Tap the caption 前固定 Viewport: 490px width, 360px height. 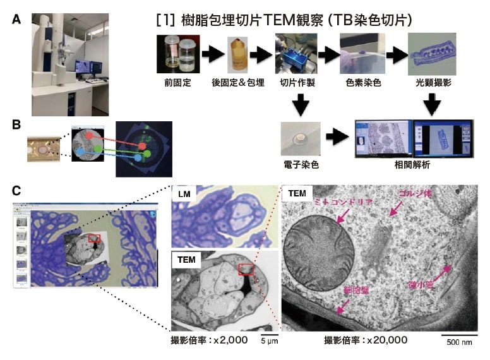[x=174, y=81]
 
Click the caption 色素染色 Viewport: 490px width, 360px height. [x=362, y=81]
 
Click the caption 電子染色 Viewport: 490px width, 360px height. [x=301, y=163]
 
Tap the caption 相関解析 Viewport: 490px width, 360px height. [x=412, y=163]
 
